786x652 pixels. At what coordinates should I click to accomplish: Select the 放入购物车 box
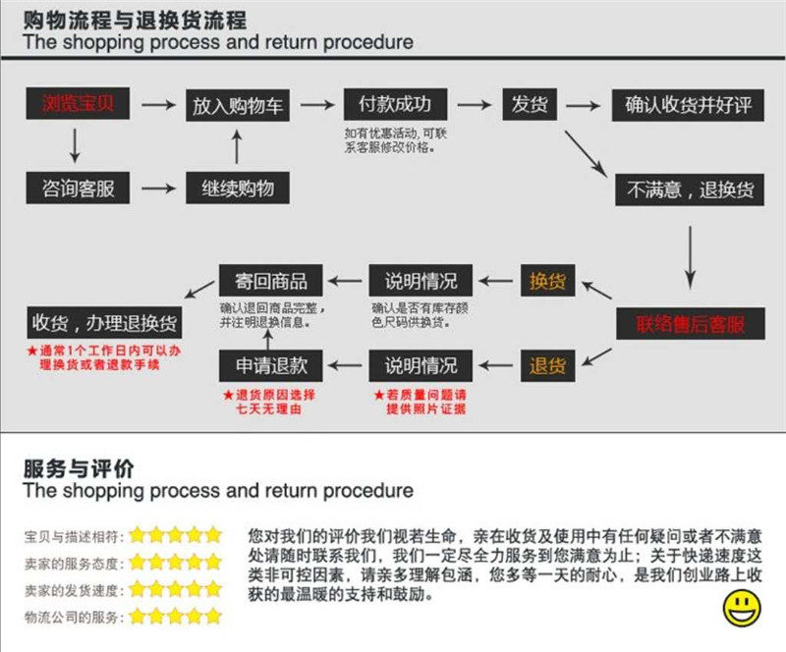pyautogui.click(x=237, y=104)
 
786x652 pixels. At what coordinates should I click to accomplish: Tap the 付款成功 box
pyautogui.click(x=395, y=104)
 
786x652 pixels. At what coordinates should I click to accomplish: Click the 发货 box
pyautogui.click(x=531, y=104)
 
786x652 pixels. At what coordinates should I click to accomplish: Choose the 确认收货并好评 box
pyautogui.click(x=688, y=104)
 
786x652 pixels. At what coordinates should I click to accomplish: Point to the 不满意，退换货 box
pyautogui.click(x=689, y=189)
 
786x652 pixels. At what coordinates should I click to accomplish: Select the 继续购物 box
pyautogui.click(x=237, y=188)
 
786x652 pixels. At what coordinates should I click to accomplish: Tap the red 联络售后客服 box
pyautogui.click(x=689, y=324)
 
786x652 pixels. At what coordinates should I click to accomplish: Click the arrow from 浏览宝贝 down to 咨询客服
pyautogui.click(x=75, y=145)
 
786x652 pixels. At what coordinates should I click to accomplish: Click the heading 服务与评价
pyautogui.click(x=80, y=467)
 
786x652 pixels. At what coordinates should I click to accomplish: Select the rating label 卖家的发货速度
pyautogui.click(x=74, y=589)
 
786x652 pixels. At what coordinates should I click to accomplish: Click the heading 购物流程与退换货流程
pyautogui.click(x=135, y=20)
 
